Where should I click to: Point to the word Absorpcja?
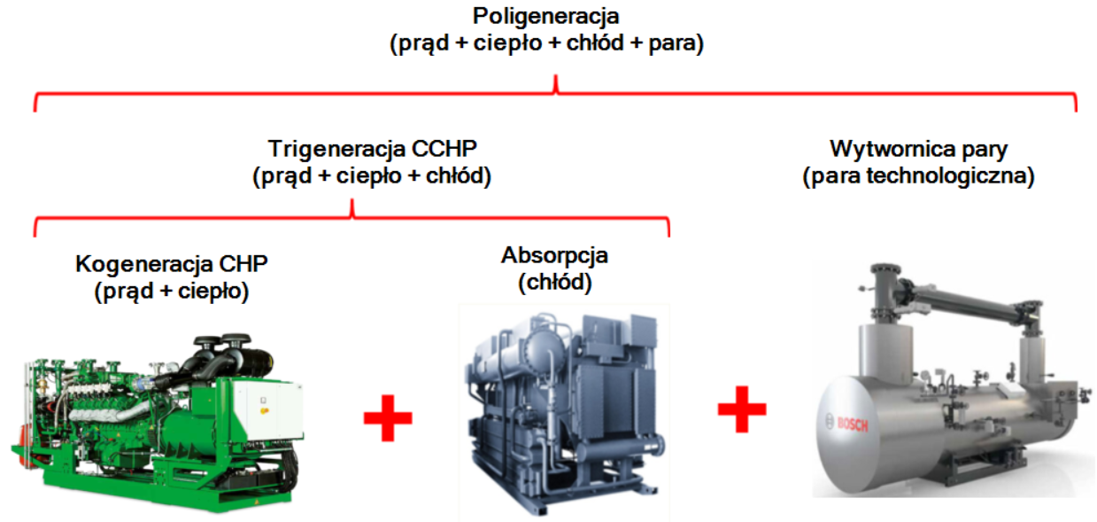pos(554,256)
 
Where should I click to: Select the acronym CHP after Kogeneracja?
pos(248,264)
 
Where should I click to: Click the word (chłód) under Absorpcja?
pos(555,283)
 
